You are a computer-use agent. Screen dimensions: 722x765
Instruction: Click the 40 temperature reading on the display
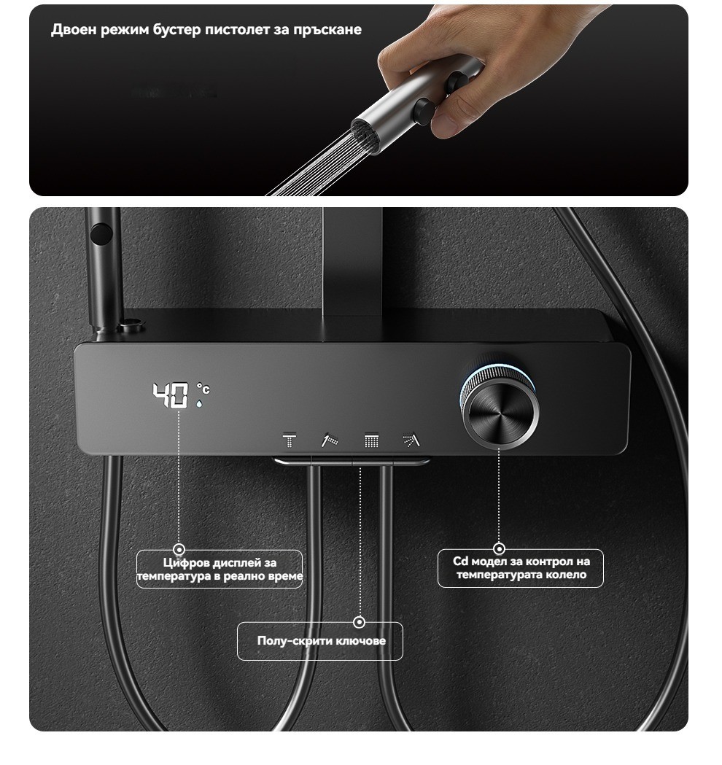coord(170,395)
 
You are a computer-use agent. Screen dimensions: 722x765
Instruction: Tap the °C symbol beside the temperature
coord(203,389)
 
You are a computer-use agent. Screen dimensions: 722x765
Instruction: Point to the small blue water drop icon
coord(200,403)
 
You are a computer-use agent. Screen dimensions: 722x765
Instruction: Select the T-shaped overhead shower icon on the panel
coord(290,440)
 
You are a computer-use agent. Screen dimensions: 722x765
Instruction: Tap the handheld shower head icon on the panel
coord(330,440)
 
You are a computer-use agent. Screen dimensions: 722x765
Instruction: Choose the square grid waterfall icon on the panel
coord(371,440)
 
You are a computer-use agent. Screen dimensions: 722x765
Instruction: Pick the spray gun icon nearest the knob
coord(411,440)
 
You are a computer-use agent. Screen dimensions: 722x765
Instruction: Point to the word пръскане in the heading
coord(327,30)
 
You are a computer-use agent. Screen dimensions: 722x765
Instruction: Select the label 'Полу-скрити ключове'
coord(321,640)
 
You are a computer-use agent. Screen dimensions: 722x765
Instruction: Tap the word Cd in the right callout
coord(460,561)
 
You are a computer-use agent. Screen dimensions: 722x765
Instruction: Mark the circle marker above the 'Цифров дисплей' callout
coord(179,549)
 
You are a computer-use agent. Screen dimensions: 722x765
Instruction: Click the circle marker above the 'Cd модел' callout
coord(499,549)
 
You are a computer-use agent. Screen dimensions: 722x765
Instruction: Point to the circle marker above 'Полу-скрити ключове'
coord(359,622)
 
